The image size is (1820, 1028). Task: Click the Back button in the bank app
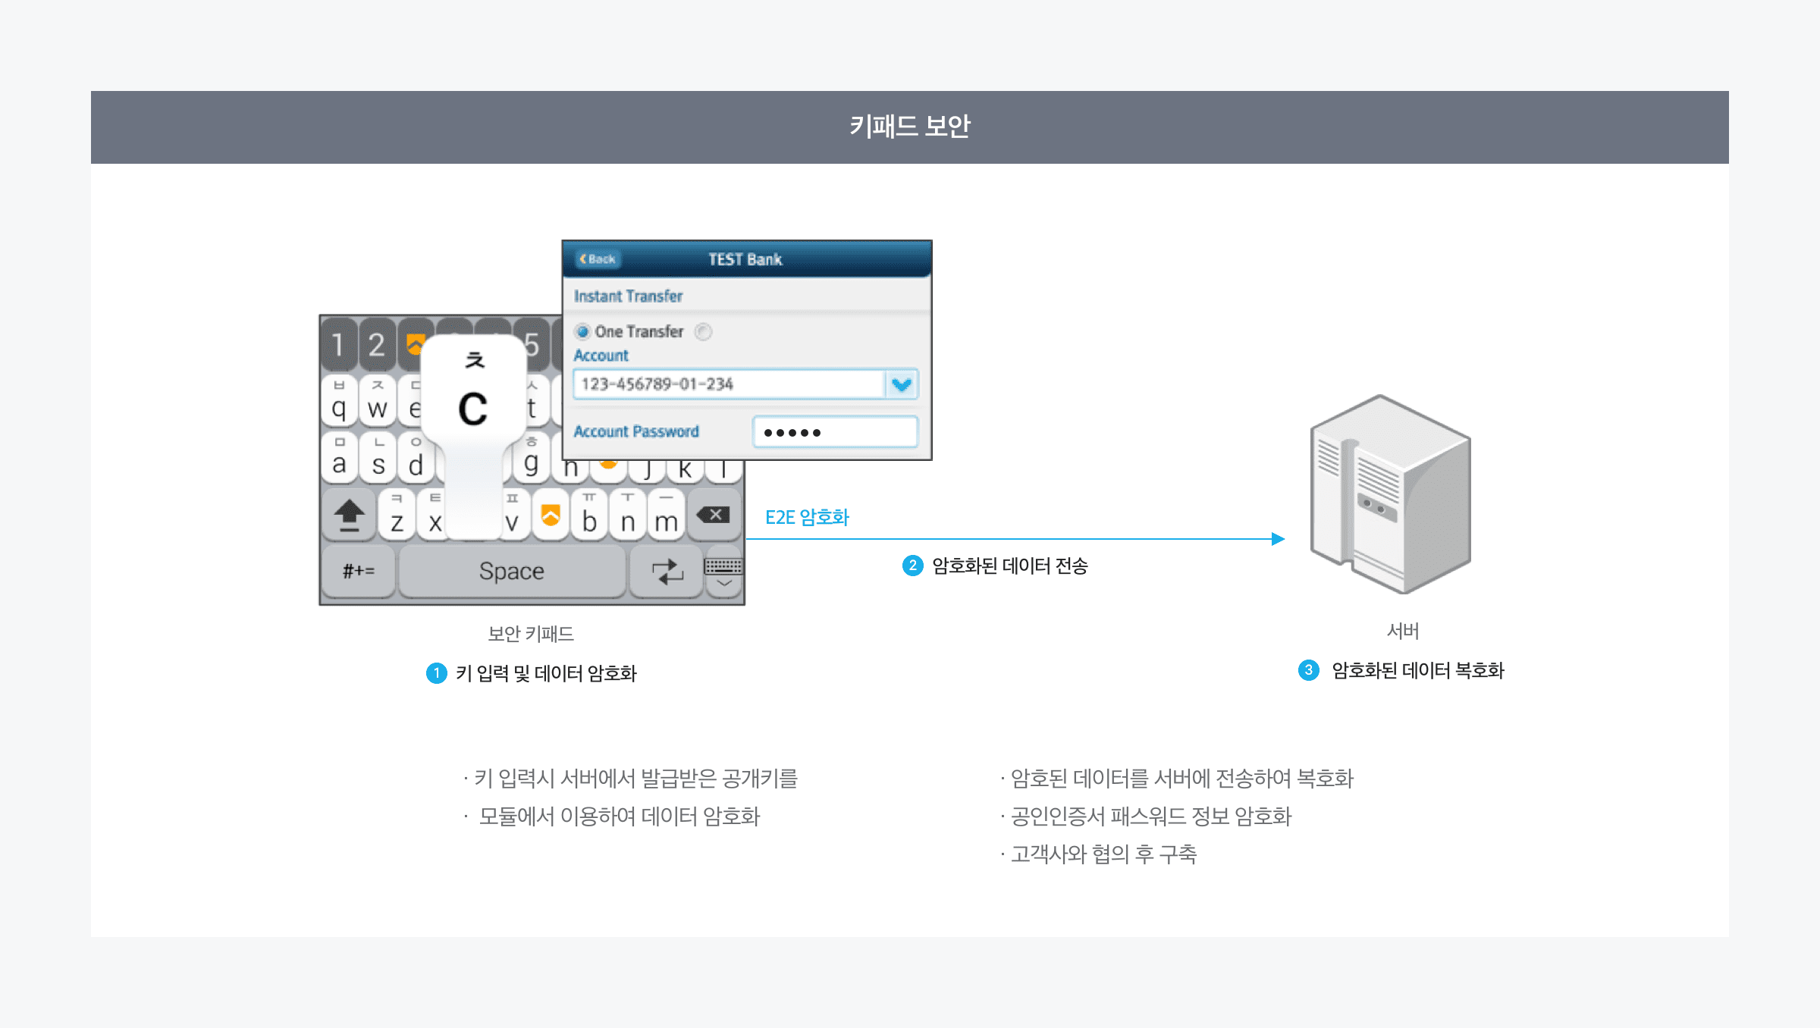click(x=598, y=259)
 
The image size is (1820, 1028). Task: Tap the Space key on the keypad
click(x=512, y=571)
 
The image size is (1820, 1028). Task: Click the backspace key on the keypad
click(x=714, y=516)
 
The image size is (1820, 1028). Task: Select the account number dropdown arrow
click(x=902, y=384)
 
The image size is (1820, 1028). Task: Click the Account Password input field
click(x=835, y=432)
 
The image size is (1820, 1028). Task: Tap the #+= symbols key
click(x=358, y=571)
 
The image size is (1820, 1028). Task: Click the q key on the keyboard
click(x=339, y=403)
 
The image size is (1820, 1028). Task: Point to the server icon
click(x=1390, y=493)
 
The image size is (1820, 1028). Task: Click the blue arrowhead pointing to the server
click(x=1278, y=539)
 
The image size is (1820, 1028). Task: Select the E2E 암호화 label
click(x=807, y=518)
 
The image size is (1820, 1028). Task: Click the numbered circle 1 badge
click(x=437, y=673)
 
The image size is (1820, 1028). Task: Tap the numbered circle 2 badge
click(x=912, y=566)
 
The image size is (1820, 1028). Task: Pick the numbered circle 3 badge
click(x=1308, y=670)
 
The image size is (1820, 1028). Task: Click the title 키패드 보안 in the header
click(x=909, y=127)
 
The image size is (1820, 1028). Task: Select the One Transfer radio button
click(x=582, y=331)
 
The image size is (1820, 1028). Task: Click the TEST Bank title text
click(x=745, y=259)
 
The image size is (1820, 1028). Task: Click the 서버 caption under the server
click(x=1402, y=632)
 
